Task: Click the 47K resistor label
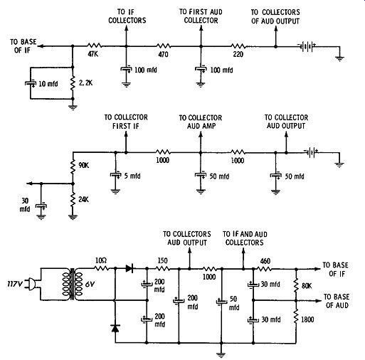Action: [93, 54]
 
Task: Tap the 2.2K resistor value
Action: [86, 83]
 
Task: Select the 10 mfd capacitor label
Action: [48, 84]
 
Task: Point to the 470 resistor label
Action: [163, 55]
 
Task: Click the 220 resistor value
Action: [238, 55]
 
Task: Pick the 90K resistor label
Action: [84, 165]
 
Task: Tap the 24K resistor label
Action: [84, 199]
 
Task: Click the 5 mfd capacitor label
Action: [132, 176]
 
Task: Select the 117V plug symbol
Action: [31, 284]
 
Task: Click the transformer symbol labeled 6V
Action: [73, 284]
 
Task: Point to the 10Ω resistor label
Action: [101, 260]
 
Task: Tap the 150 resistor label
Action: [162, 260]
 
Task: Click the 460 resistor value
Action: [265, 261]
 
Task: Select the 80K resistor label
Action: [307, 286]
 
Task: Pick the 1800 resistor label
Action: [307, 319]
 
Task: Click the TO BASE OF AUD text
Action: [337, 301]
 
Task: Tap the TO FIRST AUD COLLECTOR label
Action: [201, 16]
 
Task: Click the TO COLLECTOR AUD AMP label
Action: [201, 122]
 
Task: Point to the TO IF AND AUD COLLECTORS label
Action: [245, 238]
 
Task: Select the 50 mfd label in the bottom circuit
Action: [234, 303]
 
